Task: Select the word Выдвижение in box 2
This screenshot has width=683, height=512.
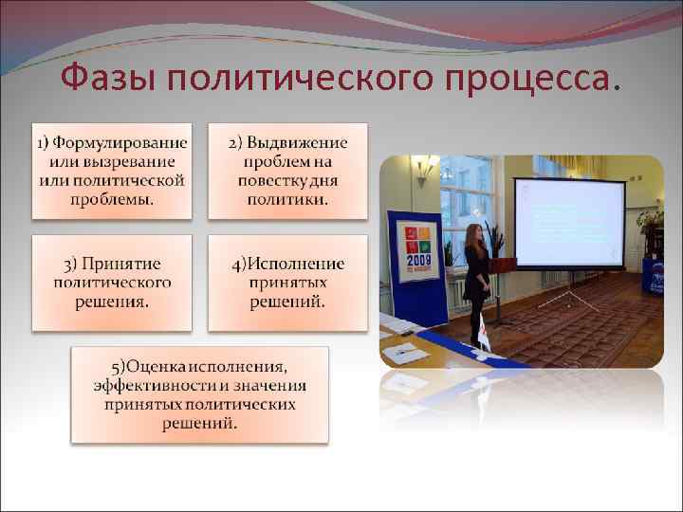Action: [295, 143]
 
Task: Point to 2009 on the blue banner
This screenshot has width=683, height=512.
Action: [418, 259]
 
